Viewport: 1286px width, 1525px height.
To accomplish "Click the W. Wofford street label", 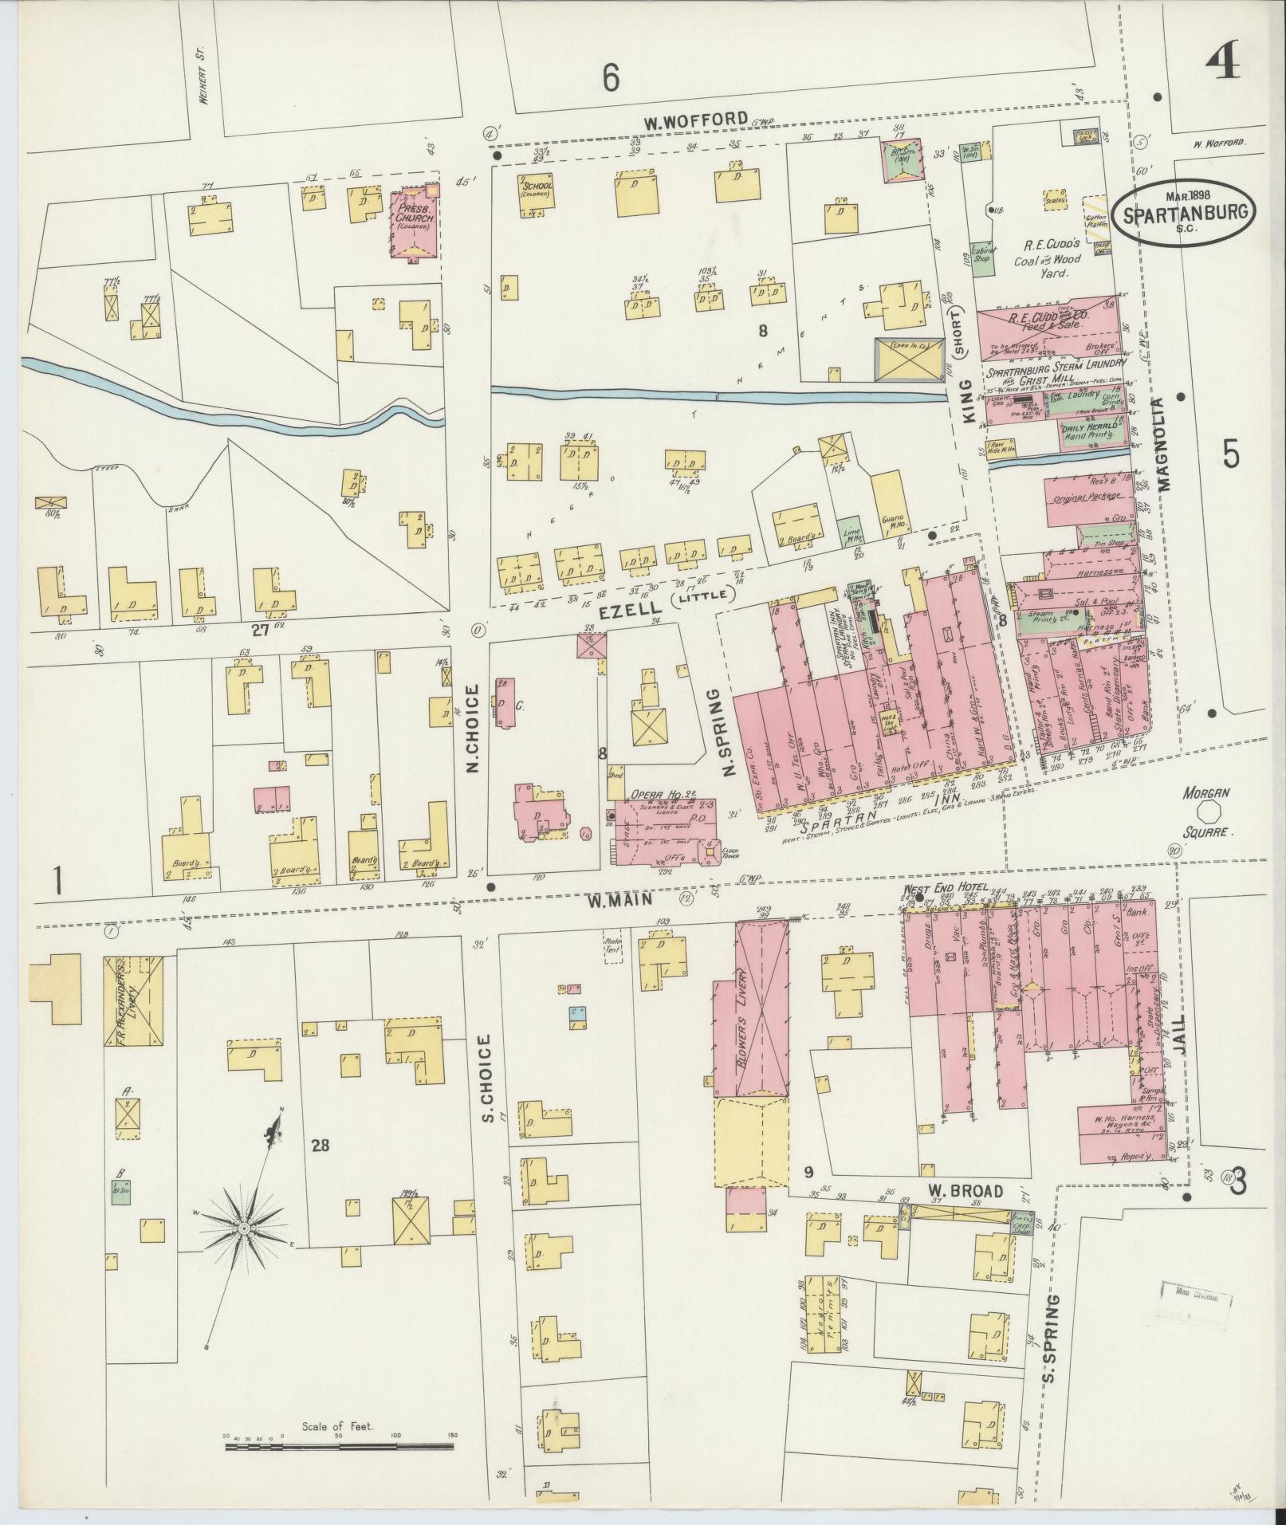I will click(696, 120).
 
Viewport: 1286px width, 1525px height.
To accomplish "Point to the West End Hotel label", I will click(946, 887).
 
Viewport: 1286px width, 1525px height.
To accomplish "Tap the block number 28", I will click(321, 1146).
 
